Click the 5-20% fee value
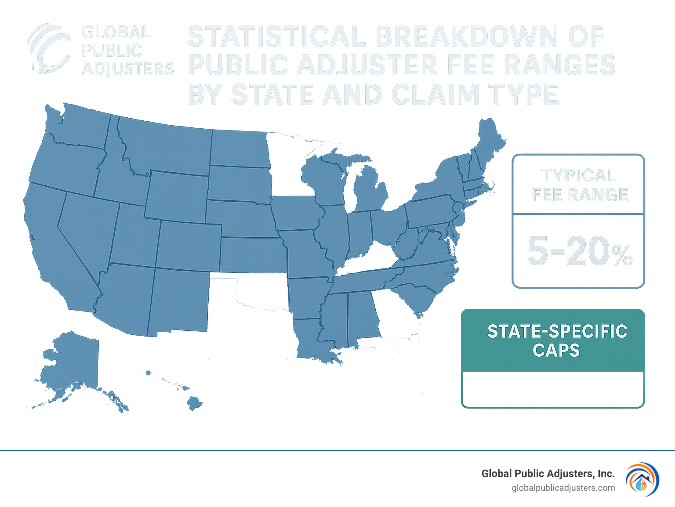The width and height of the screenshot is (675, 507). click(x=579, y=251)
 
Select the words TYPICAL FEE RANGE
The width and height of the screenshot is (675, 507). click(x=579, y=185)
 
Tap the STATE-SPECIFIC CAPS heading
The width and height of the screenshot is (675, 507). click(x=556, y=340)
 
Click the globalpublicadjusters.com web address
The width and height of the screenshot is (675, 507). click(x=563, y=488)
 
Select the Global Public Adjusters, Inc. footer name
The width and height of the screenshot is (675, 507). click(x=548, y=474)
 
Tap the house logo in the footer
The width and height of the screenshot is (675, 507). click(x=642, y=480)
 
